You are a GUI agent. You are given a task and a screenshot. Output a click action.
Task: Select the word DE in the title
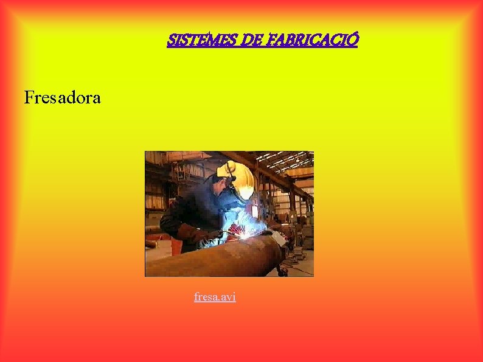click(x=251, y=40)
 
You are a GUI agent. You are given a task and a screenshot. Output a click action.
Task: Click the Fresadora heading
click(x=62, y=97)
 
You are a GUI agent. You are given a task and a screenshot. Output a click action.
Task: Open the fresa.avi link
click(x=215, y=297)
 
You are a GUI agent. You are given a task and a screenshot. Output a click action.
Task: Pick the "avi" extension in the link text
click(x=228, y=297)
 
